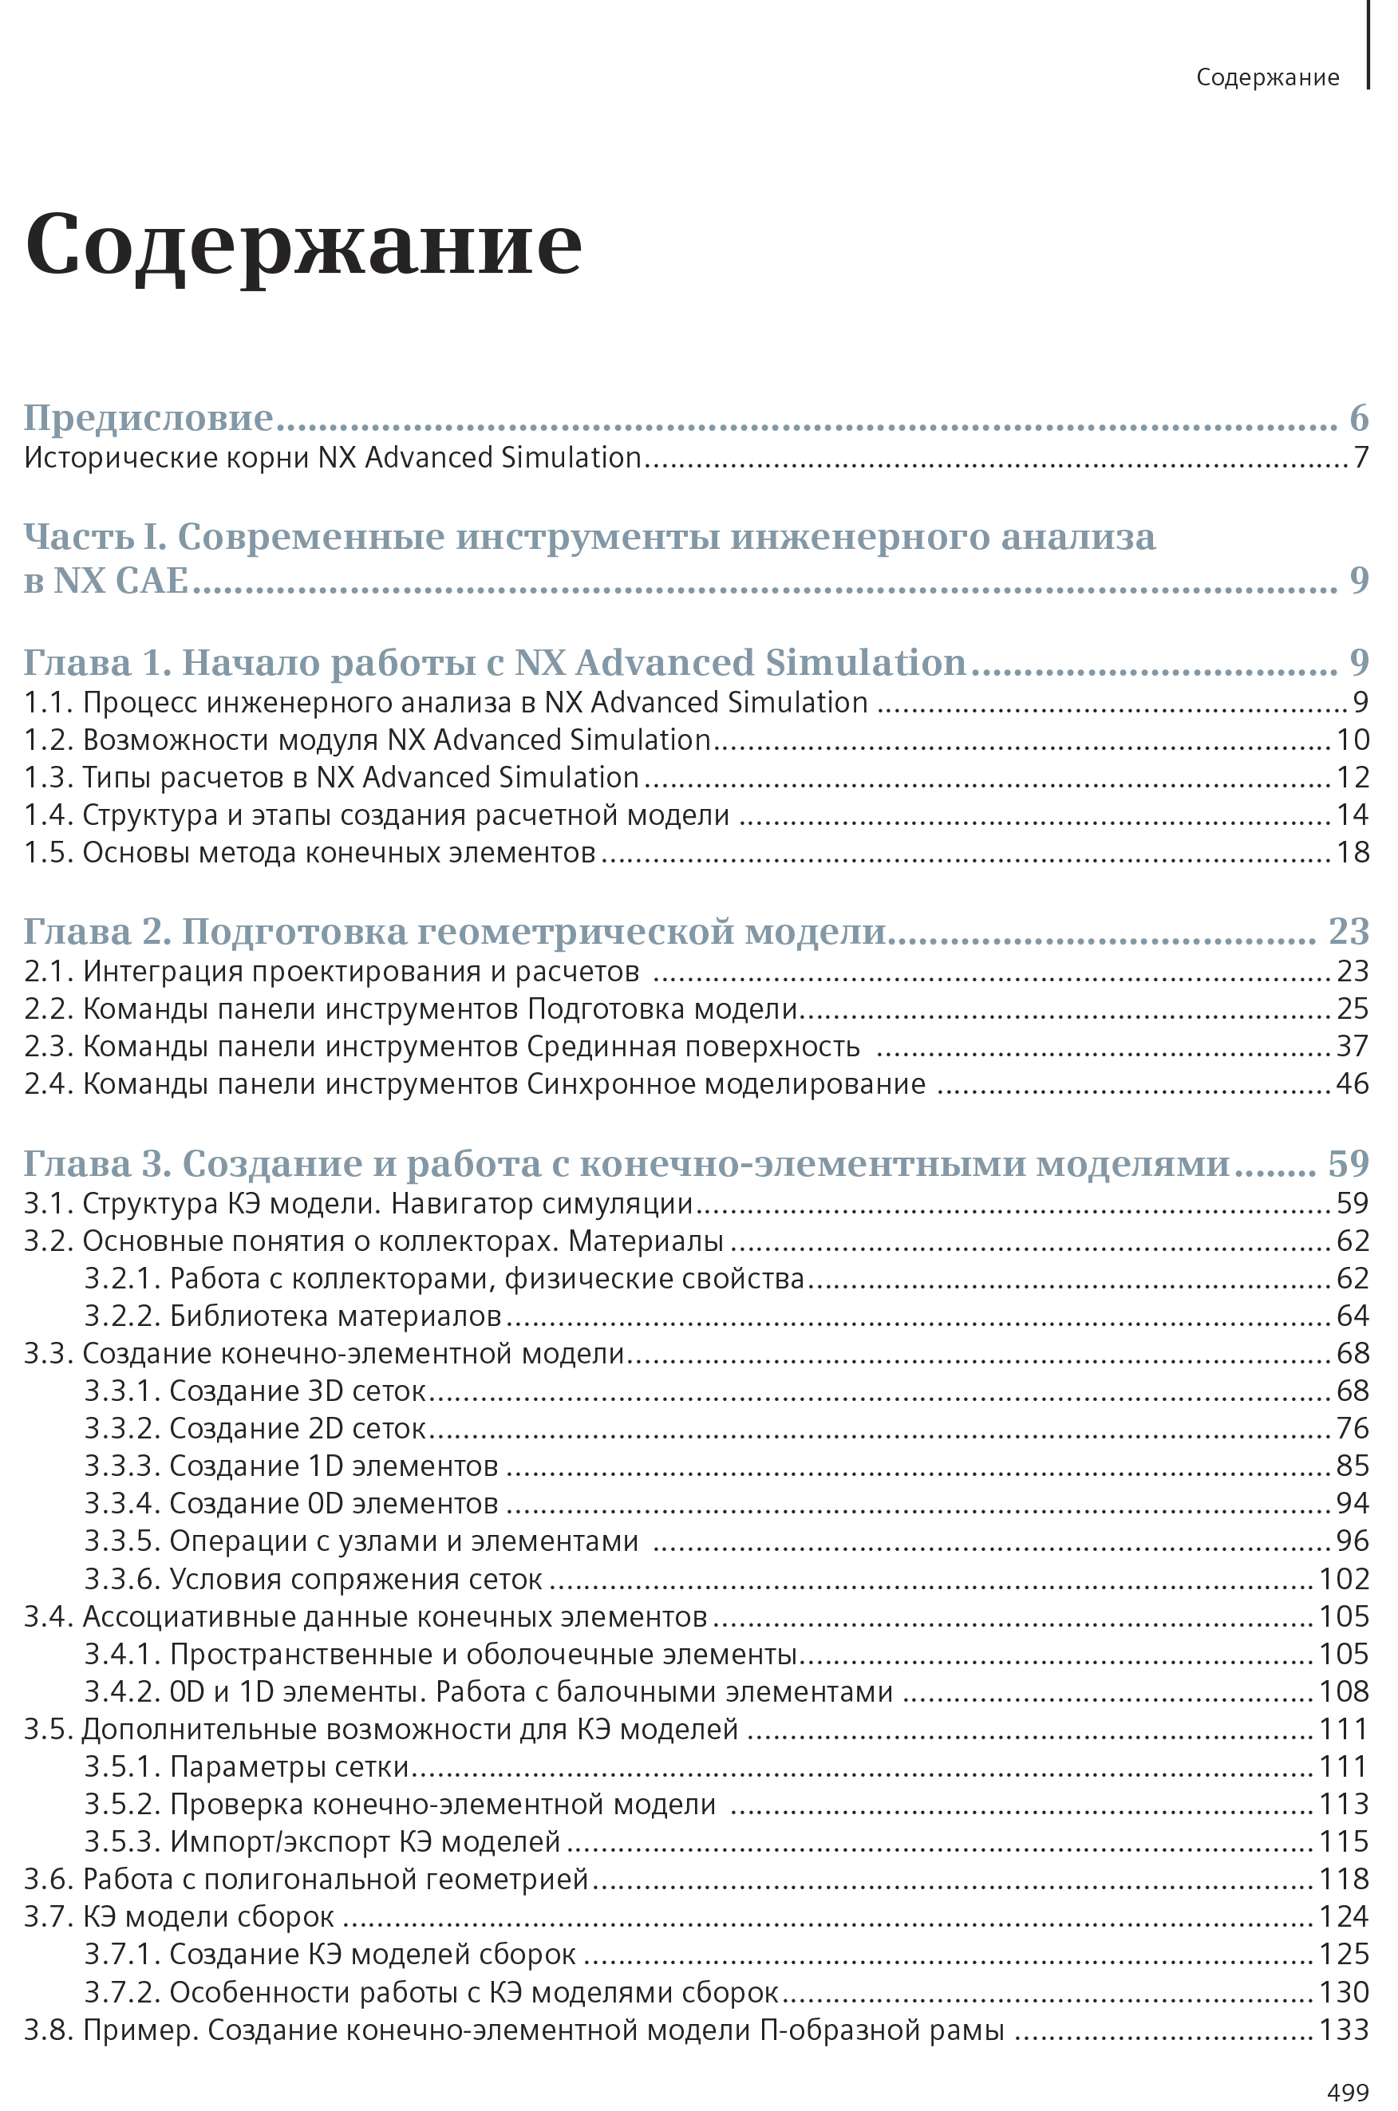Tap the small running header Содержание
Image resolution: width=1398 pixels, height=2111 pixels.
pyautogui.click(x=1267, y=77)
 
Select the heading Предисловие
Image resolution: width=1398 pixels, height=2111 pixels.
pyautogui.click(x=148, y=417)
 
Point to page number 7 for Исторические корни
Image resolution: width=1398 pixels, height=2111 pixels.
pyautogui.click(x=1360, y=457)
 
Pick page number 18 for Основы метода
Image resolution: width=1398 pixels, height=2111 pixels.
pyautogui.click(x=1352, y=852)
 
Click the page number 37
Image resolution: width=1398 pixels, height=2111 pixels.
pyautogui.click(x=1352, y=1046)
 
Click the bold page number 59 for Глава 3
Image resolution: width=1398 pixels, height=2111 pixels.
pyautogui.click(x=1348, y=1163)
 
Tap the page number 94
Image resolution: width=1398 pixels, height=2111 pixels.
pyautogui.click(x=1352, y=1503)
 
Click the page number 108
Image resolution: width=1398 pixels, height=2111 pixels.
pyautogui.click(x=1344, y=1691)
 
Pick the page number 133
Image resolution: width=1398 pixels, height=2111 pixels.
pyautogui.click(x=1344, y=2030)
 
